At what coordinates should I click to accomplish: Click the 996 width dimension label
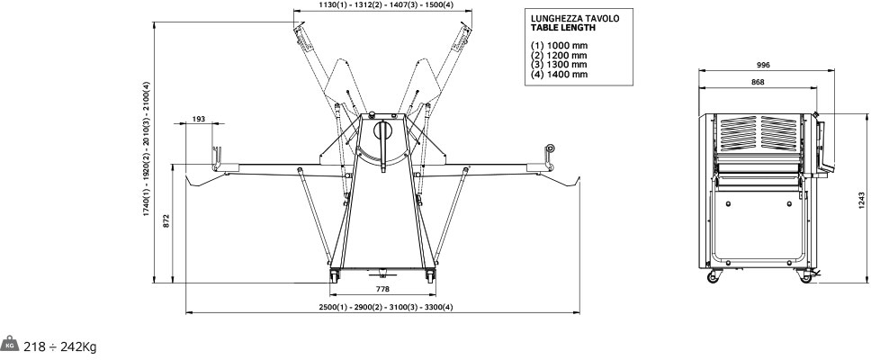point(763,65)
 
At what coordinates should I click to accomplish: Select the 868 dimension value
point(758,82)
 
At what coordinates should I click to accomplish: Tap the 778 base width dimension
point(382,289)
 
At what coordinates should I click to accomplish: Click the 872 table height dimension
point(166,220)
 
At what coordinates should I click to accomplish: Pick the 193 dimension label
point(199,119)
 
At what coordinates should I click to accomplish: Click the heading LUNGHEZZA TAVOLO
point(575,18)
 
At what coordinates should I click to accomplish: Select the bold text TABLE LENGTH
point(563,27)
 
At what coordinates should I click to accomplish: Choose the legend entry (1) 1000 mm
point(559,46)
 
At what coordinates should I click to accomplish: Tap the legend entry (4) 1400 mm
point(559,75)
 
